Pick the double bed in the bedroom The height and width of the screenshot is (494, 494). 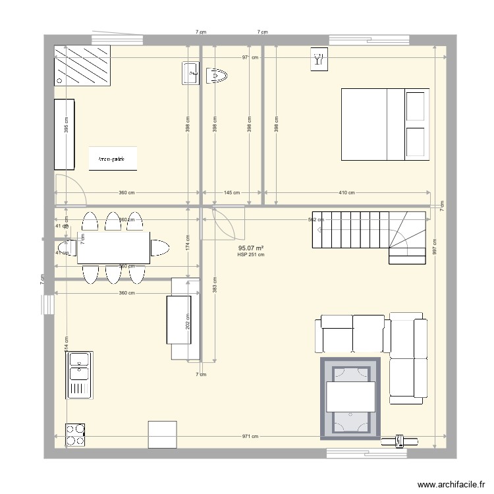point(385,124)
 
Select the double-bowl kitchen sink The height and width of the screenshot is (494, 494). point(78,375)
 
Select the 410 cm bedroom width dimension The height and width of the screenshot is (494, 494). point(347,193)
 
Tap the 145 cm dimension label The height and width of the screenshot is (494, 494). point(231,193)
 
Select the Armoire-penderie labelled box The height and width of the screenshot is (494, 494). point(113,159)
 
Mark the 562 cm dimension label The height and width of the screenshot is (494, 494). point(316,219)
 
